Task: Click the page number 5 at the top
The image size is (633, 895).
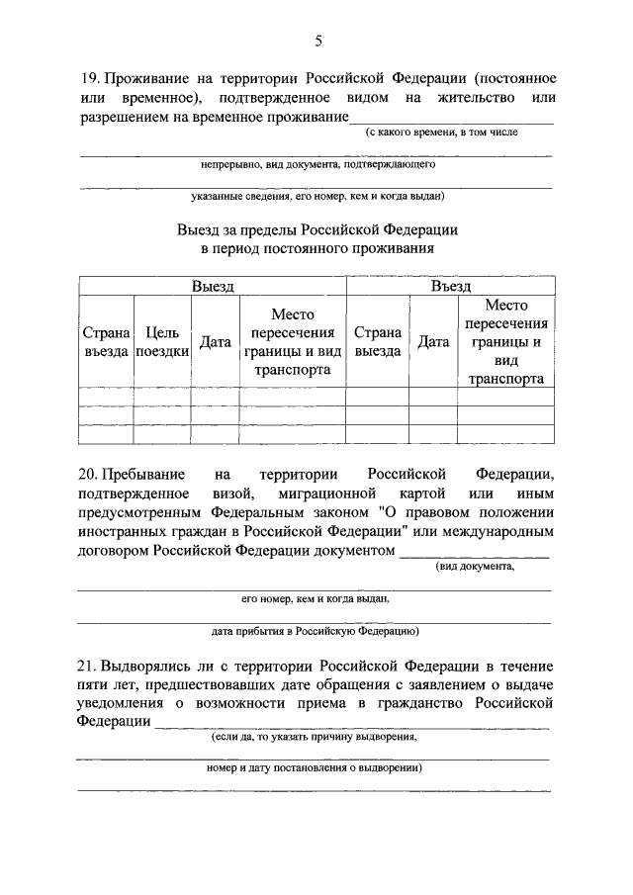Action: click(x=317, y=41)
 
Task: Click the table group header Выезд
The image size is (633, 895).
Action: click(x=213, y=286)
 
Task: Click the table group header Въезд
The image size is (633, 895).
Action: click(x=450, y=286)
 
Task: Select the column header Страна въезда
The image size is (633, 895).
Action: click(x=106, y=342)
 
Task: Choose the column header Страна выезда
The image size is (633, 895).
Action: click(x=377, y=342)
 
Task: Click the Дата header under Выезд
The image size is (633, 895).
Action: click(x=216, y=342)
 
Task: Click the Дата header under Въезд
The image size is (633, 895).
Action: click(x=433, y=342)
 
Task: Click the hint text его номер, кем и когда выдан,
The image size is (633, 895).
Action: click(x=316, y=598)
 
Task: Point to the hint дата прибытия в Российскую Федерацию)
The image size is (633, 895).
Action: click(x=316, y=630)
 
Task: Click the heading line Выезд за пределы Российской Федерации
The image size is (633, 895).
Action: click(x=316, y=228)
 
